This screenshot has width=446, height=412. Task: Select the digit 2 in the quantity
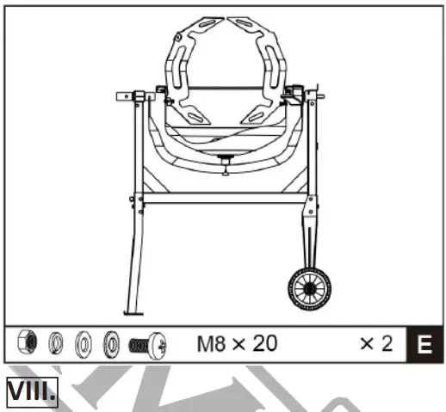click(386, 345)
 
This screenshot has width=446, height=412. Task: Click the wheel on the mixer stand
click(310, 288)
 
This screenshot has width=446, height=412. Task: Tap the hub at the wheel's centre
click(310, 288)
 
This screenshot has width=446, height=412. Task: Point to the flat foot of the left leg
click(131, 313)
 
